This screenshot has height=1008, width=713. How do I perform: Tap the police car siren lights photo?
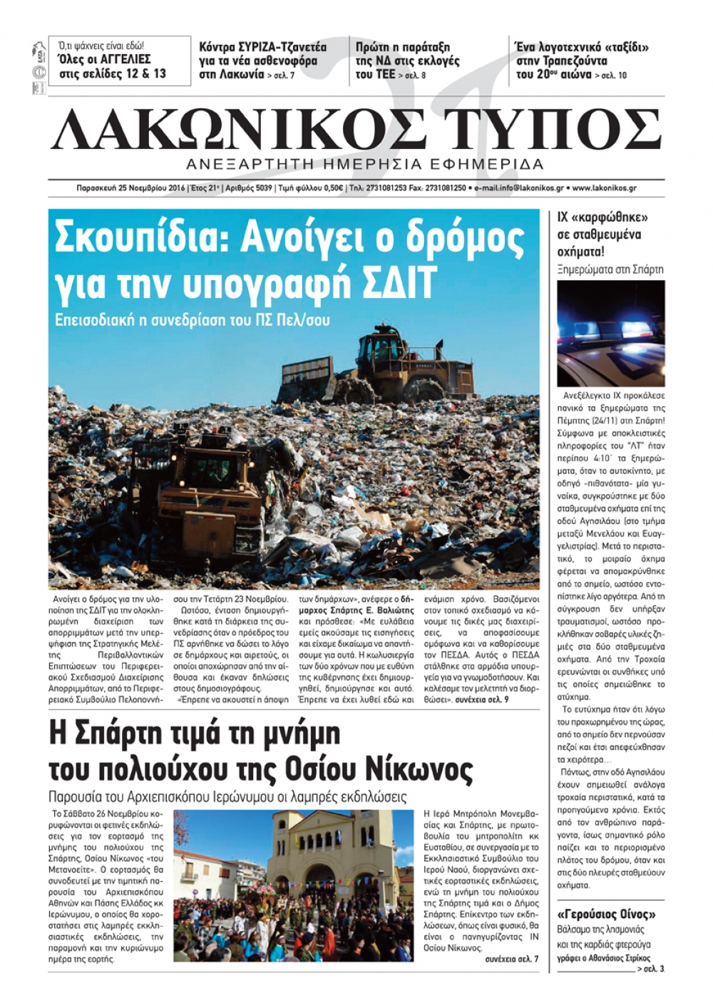pos(611,333)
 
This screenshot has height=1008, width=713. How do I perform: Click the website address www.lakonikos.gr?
pos(604,188)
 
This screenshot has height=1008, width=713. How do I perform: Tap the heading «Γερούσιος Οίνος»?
pos(605,914)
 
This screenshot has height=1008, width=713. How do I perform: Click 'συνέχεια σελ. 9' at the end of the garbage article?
pos(481,700)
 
